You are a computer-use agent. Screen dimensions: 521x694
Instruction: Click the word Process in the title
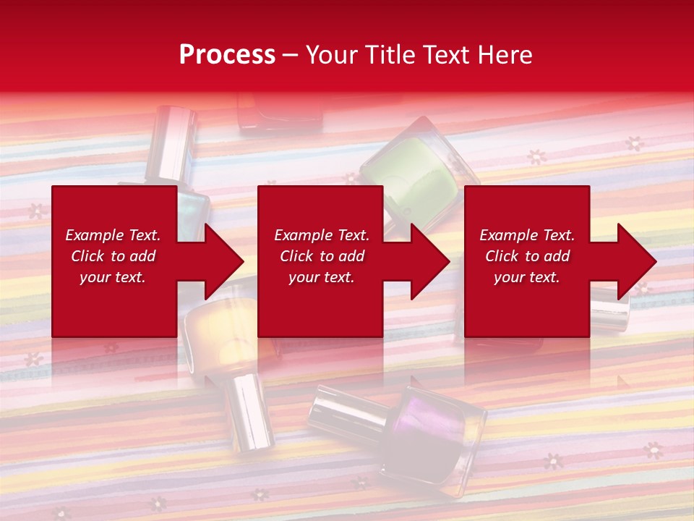click(227, 55)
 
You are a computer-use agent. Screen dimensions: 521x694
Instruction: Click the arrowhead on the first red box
click(221, 261)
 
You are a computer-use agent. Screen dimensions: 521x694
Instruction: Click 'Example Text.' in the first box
click(113, 235)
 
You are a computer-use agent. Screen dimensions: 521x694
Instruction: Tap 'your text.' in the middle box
click(321, 277)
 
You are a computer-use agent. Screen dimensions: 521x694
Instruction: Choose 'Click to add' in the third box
click(527, 256)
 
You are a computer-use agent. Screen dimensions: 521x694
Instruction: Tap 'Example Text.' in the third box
click(527, 235)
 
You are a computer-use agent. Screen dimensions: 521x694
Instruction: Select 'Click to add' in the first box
click(113, 256)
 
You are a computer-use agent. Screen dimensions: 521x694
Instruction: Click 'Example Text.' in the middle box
click(321, 235)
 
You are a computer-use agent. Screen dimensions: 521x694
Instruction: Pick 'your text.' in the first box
click(113, 277)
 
